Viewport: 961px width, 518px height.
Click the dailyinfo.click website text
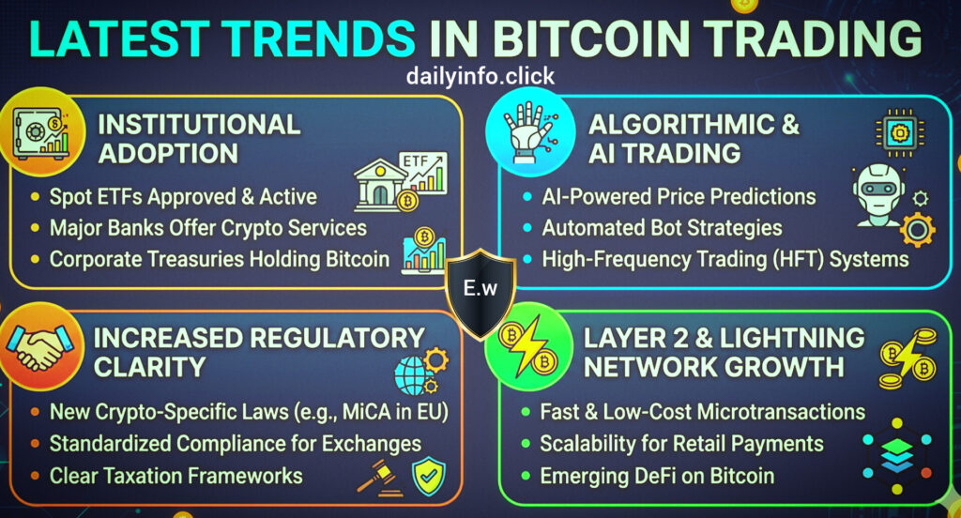[x=480, y=76]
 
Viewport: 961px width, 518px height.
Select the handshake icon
[x=39, y=346]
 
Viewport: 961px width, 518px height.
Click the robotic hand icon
[x=528, y=132]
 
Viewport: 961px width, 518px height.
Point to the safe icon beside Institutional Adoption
[x=41, y=132]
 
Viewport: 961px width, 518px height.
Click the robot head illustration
[x=879, y=195]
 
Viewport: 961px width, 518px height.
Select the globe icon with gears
[x=420, y=371]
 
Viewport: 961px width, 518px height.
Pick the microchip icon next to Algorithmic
[x=900, y=132]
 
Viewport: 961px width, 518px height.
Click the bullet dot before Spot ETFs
[x=35, y=197]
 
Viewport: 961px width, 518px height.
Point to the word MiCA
[x=368, y=411]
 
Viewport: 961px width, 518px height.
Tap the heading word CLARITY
[x=149, y=367]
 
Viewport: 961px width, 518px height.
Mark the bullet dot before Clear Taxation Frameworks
[x=35, y=476]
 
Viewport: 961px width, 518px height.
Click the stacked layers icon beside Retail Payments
[x=897, y=456]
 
